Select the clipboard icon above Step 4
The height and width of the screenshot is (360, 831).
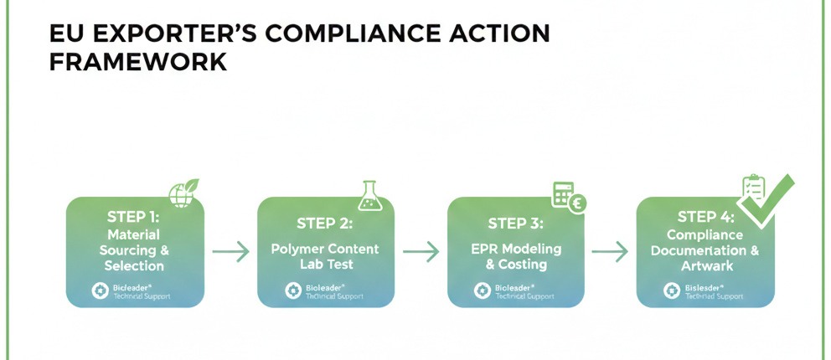point(755,188)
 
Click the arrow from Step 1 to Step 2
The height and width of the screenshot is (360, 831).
point(230,251)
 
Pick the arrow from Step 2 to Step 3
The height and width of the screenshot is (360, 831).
point(421,251)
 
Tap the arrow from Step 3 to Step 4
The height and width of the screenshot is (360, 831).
point(610,251)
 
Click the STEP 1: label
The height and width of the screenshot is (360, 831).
point(133,216)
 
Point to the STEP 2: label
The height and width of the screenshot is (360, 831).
point(324,224)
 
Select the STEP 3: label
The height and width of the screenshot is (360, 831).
point(515,224)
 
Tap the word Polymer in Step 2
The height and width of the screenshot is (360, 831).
point(297,249)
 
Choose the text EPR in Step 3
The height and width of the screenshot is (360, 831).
point(484,249)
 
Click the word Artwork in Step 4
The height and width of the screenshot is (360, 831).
point(705,265)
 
